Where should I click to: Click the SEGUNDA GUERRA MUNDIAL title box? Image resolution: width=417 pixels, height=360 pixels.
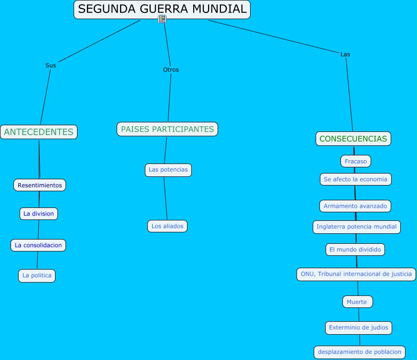tap(162, 10)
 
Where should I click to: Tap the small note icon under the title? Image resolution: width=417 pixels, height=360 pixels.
tap(162, 19)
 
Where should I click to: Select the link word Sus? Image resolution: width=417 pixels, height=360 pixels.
tap(51, 65)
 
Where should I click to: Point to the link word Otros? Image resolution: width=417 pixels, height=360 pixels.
tap(171, 70)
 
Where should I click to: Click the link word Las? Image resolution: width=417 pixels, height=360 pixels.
tap(345, 54)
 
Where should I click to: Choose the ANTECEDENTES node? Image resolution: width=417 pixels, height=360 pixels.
tap(39, 132)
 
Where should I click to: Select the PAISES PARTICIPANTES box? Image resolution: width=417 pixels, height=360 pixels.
tap(167, 129)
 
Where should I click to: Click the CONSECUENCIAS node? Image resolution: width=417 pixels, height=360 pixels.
tap(353, 139)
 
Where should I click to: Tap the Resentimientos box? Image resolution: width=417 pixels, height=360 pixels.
tap(40, 185)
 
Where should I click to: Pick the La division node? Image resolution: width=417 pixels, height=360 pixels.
tap(39, 214)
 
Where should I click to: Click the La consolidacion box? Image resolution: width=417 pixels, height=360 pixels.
tap(38, 245)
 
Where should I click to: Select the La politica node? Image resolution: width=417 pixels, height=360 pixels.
tap(37, 276)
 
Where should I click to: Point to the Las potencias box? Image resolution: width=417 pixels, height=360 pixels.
tap(168, 170)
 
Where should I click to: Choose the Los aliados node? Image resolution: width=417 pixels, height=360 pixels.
tap(167, 226)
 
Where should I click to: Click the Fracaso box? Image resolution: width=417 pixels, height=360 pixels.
tap(356, 161)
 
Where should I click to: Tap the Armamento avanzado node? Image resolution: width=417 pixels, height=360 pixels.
tap(355, 206)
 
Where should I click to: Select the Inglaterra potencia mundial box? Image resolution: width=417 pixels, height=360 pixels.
tap(357, 227)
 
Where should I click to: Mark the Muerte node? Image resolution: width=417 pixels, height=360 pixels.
tap(357, 302)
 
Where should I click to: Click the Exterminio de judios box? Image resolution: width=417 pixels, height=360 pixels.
tap(359, 328)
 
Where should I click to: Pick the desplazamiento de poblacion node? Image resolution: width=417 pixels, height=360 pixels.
tap(360, 352)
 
